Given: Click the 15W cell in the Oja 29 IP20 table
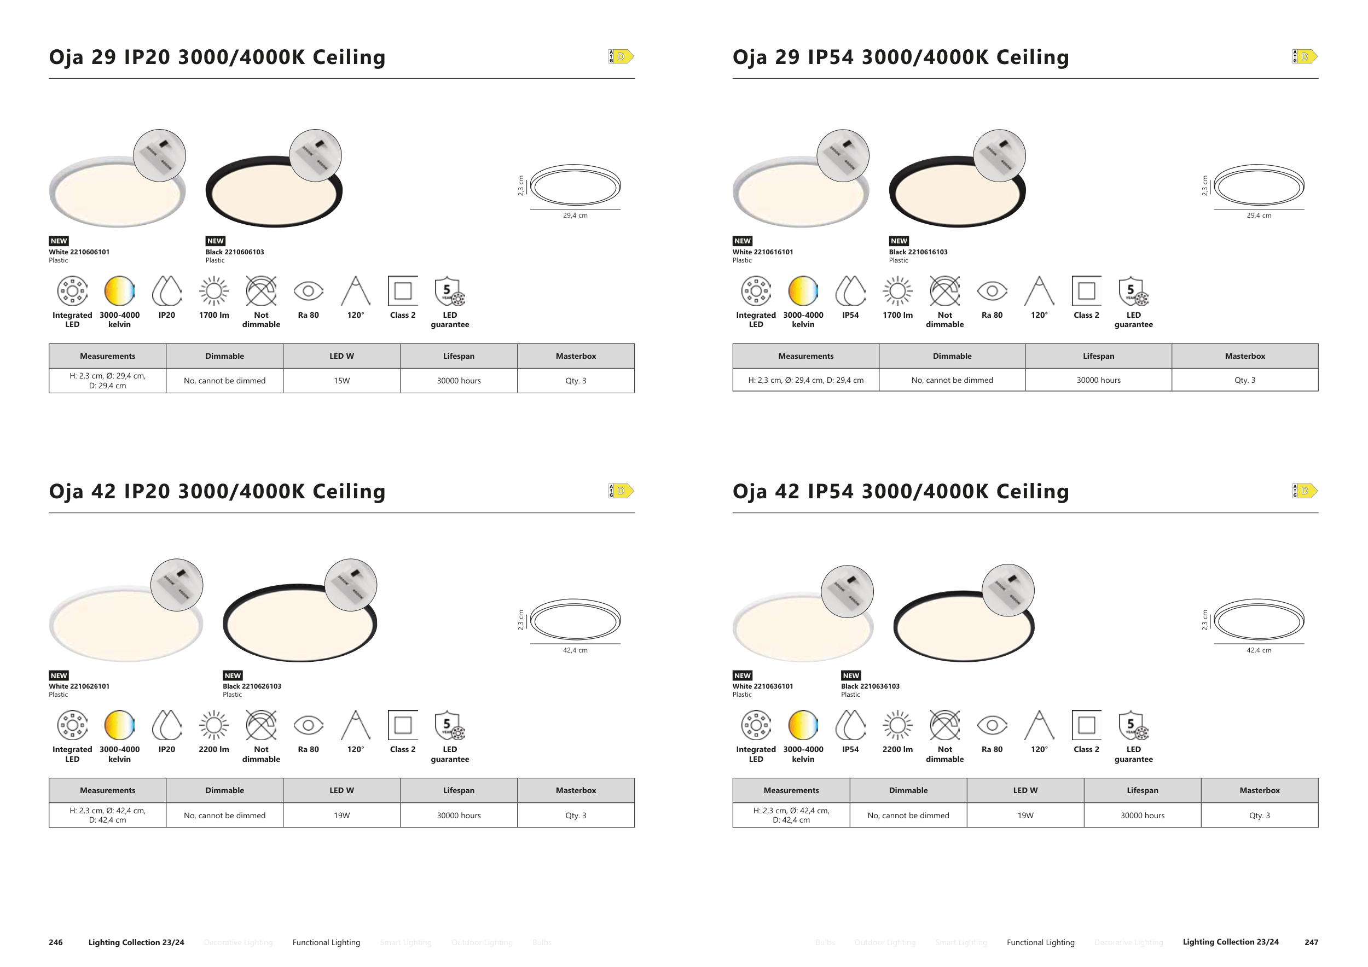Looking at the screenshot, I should click(x=341, y=381).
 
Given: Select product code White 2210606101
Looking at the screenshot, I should click(x=79, y=252).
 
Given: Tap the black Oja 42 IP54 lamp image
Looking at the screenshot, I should click(x=964, y=626).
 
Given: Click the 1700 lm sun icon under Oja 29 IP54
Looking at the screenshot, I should click(x=897, y=291).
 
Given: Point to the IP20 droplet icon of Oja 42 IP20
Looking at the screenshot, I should click(x=167, y=725).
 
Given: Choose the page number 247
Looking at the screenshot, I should click(x=1311, y=942).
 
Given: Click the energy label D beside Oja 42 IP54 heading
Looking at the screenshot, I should click(x=1305, y=491).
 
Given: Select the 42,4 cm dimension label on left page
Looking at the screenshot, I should click(x=575, y=650).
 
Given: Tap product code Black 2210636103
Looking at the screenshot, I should click(x=870, y=686).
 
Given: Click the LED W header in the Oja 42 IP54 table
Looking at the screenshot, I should click(x=1025, y=790).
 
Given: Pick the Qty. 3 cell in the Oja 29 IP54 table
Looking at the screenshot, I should click(x=1245, y=380).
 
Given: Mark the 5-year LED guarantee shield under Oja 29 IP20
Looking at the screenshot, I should click(x=450, y=291).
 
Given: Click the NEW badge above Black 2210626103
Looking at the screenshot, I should click(x=233, y=675).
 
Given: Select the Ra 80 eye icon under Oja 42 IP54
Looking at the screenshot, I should click(x=992, y=725).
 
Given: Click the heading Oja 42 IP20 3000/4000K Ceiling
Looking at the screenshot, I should click(x=217, y=491).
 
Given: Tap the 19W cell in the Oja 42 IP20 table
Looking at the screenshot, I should click(x=341, y=815).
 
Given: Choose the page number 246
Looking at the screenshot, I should click(x=55, y=942).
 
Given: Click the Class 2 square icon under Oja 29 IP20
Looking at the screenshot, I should click(x=403, y=291).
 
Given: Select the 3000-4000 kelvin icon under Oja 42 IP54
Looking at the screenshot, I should click(x=803, y=725).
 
